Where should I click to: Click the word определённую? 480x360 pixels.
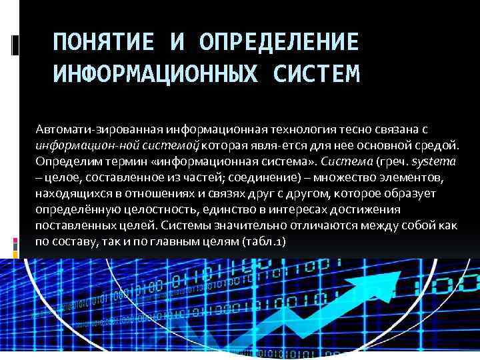(x=77, y=209)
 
